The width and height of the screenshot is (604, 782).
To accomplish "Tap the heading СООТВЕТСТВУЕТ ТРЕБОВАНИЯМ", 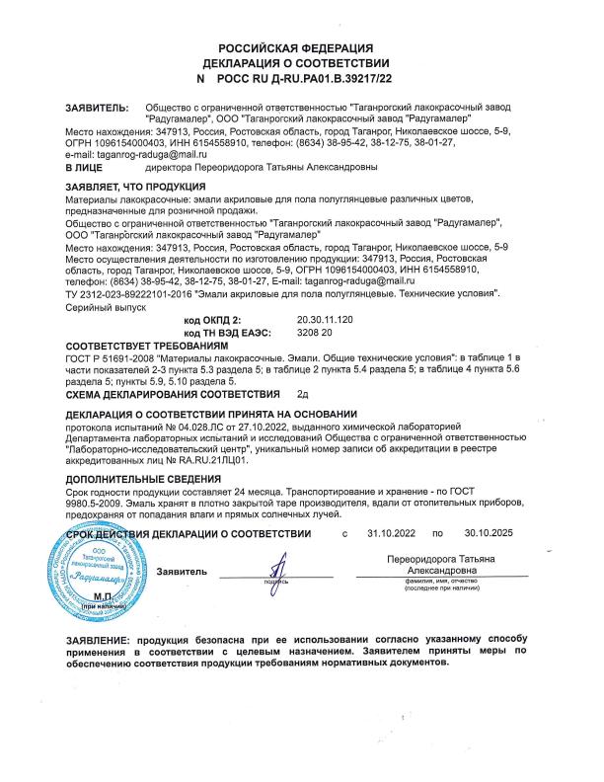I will (x=139, y=349).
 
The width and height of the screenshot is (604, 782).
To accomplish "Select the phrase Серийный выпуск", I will (x=105, y=308).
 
